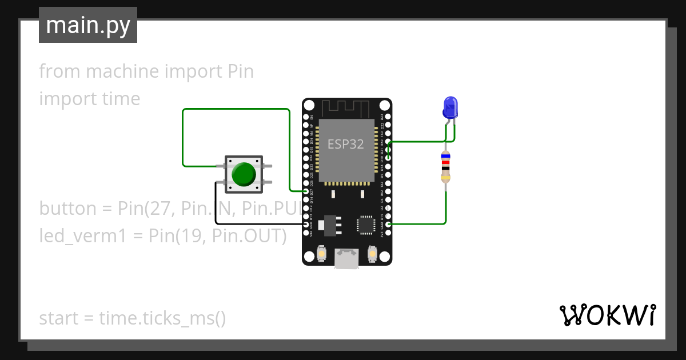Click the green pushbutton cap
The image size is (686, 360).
[244, 174]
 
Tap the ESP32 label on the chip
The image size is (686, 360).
[345, 144]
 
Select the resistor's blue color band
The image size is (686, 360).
[446, 155]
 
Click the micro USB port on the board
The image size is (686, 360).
[347, 258]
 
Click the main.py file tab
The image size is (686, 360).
[88, 25]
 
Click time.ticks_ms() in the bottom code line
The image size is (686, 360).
[162, 318]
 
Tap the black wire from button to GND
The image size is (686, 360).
[216, 206]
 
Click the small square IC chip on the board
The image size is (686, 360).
[366, 225]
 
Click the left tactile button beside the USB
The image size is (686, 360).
[322, 254]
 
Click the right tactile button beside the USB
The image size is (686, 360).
[372, 254]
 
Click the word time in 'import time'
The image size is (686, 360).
[121, 99]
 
